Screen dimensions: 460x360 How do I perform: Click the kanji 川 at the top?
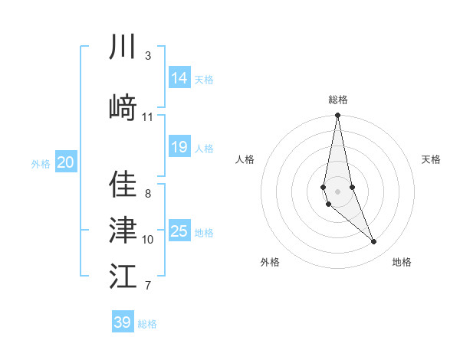tap(123, 47)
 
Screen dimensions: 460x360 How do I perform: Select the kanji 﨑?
tap(123, 106)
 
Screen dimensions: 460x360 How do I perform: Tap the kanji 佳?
tap(123, 185)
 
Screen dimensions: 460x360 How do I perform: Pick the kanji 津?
tap(123, 229)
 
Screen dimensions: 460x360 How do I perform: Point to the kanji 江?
tap(123, 277)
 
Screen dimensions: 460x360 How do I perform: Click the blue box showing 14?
tap(179, 78)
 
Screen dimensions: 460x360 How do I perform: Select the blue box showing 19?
tap(179, 147)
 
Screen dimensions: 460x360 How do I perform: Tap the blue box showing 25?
tap(179, 231)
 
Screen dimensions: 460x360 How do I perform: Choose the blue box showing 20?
tap(66, 162)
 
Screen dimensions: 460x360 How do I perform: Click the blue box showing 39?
tap(123, 322)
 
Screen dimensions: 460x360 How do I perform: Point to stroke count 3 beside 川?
tap(148, 56)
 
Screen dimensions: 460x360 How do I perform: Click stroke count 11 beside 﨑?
tap(148, 116)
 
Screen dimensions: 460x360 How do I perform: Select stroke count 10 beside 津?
tap(148, 239)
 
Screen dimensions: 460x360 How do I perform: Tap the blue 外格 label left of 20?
tap(41, 163)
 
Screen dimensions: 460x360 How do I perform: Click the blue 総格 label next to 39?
tap(147, 324)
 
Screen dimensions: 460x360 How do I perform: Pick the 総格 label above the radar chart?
tap(337, 100)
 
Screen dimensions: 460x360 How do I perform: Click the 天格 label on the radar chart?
tap(431, 159)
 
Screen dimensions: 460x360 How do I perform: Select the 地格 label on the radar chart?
tap(402, 262)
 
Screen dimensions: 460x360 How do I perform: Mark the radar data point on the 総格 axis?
tap(337, 116)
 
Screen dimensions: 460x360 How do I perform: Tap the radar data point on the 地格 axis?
tap(374, 242)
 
